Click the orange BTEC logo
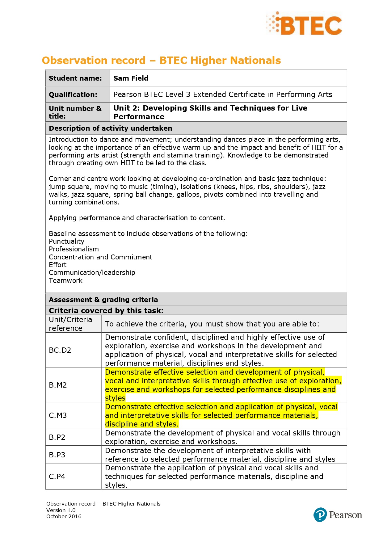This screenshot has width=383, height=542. [304, 23]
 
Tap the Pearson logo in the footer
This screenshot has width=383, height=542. [338, 515]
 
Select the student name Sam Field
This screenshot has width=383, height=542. [131, 78]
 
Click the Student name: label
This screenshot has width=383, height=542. [75, 78]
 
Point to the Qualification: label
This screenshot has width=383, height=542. [73, 95]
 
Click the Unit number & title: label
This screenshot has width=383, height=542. [75, 112]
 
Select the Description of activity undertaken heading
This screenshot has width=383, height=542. [110, 128]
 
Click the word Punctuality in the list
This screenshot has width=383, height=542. [66, 241]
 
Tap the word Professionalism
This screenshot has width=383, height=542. [74, 249]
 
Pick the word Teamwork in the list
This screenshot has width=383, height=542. [66, 280]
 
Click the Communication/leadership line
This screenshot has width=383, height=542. [92, 272]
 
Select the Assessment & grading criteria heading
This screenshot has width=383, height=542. [103, 300]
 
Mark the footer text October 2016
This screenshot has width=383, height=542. [64, 516]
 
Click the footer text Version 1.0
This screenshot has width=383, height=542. [61, 510]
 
